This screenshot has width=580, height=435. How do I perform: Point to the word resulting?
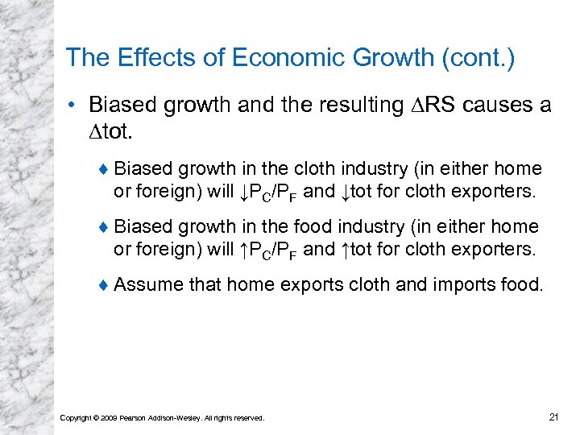tap(358, 106)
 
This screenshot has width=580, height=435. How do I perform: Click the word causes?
tap(489, 106)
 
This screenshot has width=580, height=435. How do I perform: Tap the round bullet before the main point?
tap(73, 106)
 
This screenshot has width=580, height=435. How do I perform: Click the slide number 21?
tap(553, 416)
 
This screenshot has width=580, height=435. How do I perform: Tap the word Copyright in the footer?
tap(77, 417)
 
